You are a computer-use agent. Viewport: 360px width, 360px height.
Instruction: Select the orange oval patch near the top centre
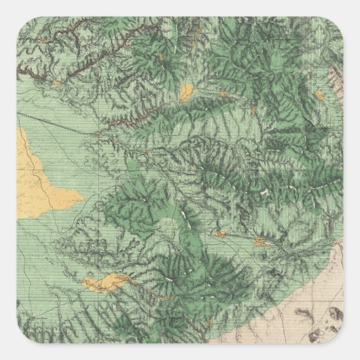pos(186,90)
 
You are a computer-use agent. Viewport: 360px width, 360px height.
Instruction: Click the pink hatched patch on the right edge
pos(338,81)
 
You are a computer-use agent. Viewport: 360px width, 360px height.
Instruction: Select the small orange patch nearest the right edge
pos(259,241)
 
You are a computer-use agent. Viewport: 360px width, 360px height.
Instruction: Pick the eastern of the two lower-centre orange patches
pos(259,241)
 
